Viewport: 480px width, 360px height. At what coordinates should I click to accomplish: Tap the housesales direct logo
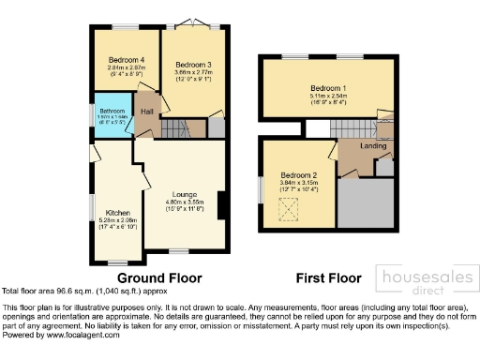click(x=424, y=279)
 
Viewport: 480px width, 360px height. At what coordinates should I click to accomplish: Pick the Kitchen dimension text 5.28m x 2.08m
click(x=116, y=221)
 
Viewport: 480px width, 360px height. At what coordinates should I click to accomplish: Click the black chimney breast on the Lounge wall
click(x=220, y=205)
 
